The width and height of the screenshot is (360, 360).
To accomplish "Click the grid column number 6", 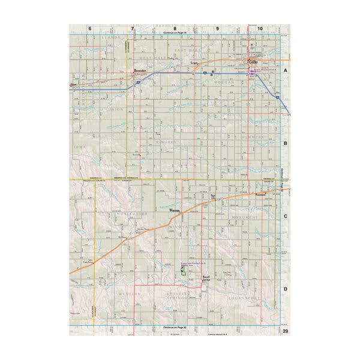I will [90, 28].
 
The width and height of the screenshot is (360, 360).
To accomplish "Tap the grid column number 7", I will [133, 28].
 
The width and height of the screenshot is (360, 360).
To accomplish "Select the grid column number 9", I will [217, 28].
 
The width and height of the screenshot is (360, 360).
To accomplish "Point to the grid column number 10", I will [260, 28].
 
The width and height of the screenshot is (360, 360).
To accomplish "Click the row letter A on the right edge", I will [286, 70].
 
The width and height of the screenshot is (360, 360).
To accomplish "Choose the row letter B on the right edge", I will [286, 143].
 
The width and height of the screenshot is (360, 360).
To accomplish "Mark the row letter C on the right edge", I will [286, 217].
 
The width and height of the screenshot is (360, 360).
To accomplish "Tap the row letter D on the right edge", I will [286, 290].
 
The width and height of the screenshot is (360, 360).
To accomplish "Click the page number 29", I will [286, 332].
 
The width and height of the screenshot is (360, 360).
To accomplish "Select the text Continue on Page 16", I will [175, 32].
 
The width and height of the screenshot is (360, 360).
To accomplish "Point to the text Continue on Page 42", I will [175, 328].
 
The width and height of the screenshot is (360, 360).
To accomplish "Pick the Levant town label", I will [194, 62].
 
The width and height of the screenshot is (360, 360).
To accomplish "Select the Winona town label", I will [174, 211].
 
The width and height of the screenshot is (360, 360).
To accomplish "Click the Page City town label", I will [213, 196].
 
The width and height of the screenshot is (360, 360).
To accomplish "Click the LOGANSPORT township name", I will [243, 296].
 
